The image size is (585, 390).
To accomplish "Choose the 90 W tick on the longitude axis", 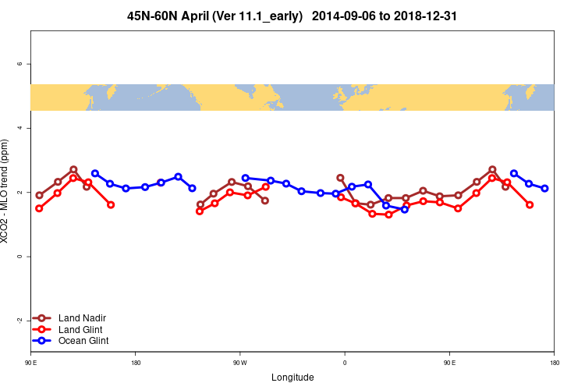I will pyautogui.click(x=239, y=363).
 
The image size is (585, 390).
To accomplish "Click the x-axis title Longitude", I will pyautogui.click(x=292, y=378).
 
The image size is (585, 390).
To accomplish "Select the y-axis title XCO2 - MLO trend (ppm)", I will pyautogui.click(x=7, y=191).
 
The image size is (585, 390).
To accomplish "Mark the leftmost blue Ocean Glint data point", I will pyautogui.click(x=95, y=173).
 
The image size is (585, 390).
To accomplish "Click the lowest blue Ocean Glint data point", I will pyautogui.click(x=404, y=209).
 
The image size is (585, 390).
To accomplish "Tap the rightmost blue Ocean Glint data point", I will pyautogui.click(x=544, y=188).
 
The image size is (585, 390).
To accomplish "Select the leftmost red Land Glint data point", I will pyautogui.click(x=39, y=208).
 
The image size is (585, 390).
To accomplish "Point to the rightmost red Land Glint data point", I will pyautogui.click(x=530, y=204).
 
